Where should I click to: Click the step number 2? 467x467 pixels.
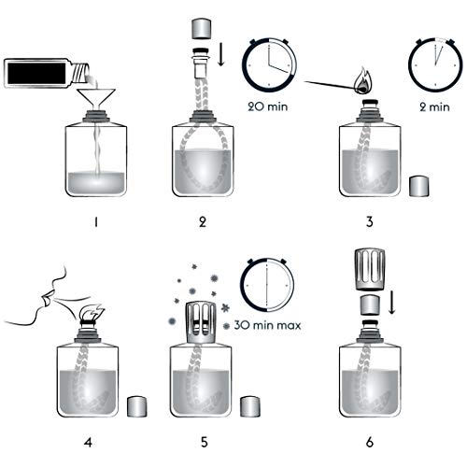point(204,221)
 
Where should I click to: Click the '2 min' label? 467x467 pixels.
point(434,106)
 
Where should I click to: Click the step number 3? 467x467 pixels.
point(371,221)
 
